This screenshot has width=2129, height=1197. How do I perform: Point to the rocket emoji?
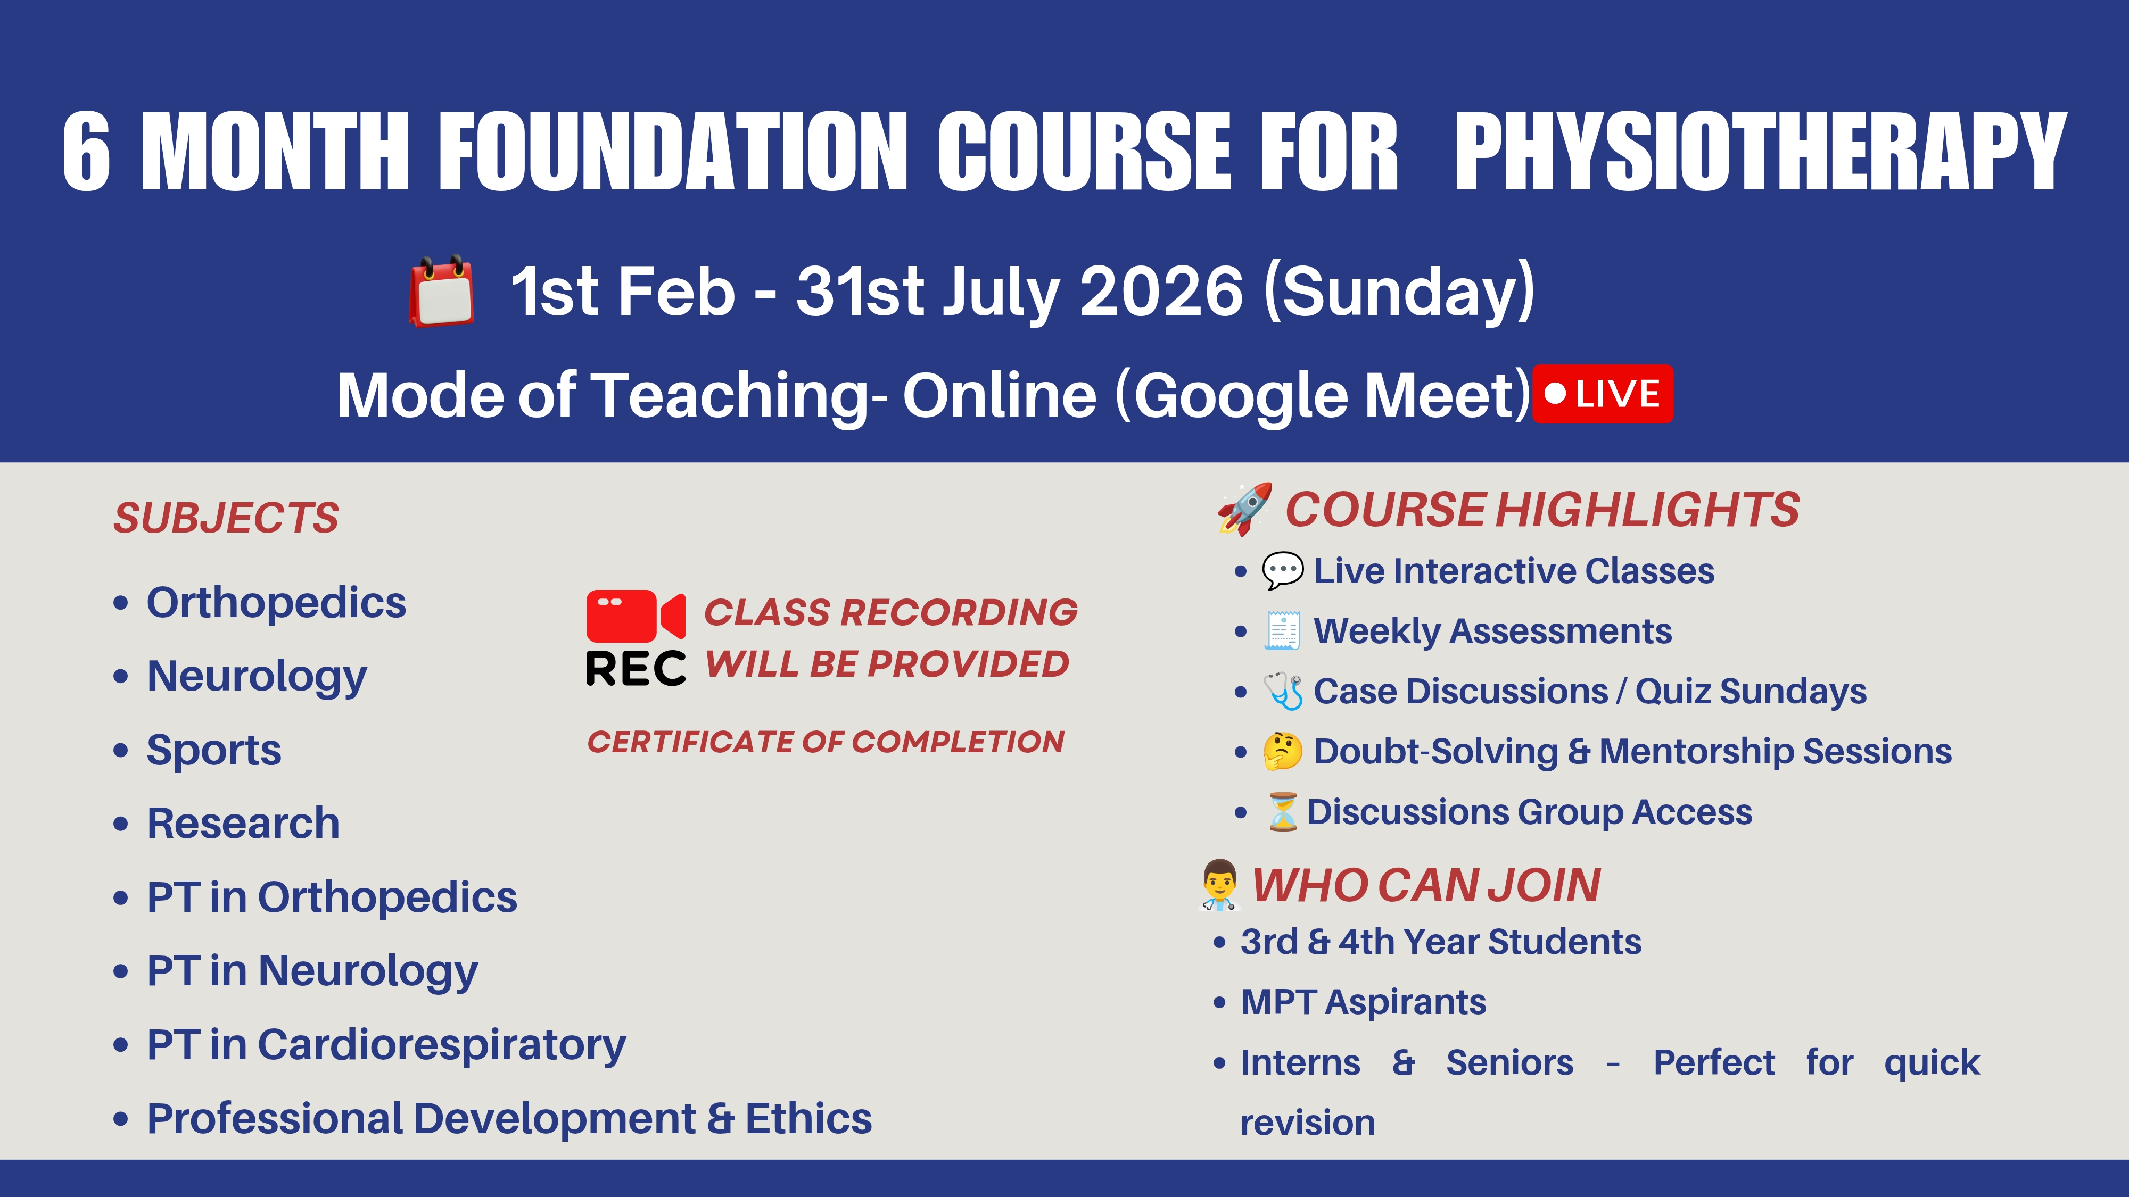point(1244,509)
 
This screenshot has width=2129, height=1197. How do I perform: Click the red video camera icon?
point(635,616)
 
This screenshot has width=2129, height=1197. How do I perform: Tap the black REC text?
point(635,668)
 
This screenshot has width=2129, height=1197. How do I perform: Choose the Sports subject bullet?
point(213,750)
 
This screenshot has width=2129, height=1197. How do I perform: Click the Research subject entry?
point(243,824)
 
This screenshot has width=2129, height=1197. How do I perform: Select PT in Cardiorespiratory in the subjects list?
point(386,1045)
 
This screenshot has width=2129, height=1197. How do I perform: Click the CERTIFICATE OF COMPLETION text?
point(826,742)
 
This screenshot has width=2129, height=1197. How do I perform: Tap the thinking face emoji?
point(1282,751)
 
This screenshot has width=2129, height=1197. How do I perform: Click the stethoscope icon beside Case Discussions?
point(1283,691)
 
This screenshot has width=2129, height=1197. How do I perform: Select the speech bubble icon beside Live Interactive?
point(1282,571)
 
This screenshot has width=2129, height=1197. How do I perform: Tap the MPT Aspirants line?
point(1363,1002)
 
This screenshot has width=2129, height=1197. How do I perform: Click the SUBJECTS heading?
point(226,518)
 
